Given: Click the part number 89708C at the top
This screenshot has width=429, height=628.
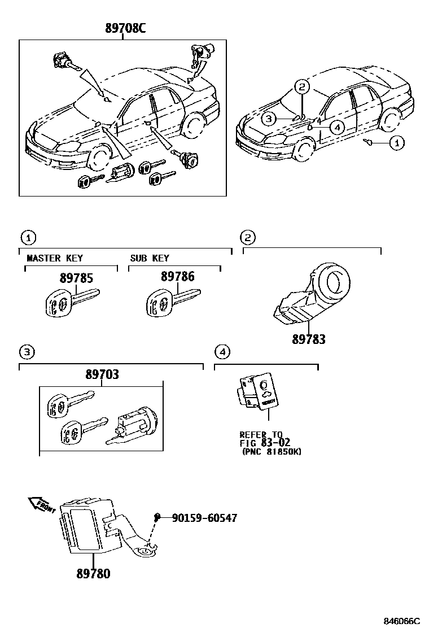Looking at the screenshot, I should (125, 29).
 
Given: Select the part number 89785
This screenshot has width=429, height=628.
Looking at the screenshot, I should (76, 278).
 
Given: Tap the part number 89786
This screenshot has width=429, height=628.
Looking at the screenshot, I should (177, 277).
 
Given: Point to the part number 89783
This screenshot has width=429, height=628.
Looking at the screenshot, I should (308, 340).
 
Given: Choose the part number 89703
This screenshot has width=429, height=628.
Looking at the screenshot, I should (102, 374).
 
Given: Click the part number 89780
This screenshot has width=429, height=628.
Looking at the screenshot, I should (93, 574).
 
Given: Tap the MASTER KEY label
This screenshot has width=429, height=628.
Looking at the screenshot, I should (55, 258).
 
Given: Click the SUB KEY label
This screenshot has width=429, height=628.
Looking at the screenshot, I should (150, 258).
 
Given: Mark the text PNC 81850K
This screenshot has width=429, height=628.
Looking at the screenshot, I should (270, 452).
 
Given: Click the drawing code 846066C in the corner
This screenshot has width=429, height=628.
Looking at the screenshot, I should (402, 621).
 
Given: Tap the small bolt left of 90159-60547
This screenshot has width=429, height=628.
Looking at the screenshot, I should (158, 516).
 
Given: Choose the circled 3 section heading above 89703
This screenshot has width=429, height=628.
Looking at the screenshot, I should (27, 352).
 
